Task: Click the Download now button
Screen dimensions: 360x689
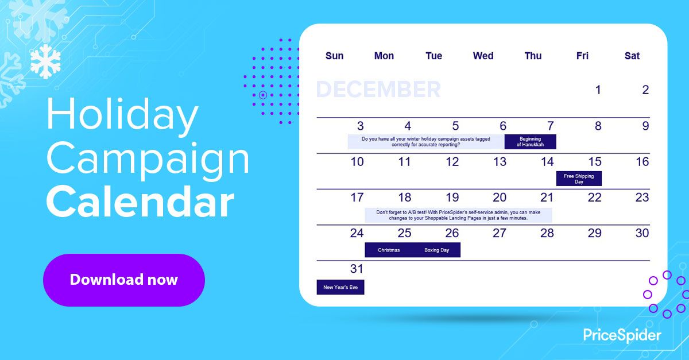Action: [123, 280]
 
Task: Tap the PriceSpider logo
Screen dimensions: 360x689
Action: [622, 335]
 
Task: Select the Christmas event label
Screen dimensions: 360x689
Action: [389, 250]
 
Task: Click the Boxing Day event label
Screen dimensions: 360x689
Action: [436, 250]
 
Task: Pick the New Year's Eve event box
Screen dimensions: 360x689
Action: [340, 287]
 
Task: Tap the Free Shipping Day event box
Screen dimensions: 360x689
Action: [579, 179]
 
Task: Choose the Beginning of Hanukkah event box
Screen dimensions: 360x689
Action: [530, 142]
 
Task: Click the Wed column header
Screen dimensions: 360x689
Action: [483, 56]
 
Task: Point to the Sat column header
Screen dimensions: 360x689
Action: [632, 56]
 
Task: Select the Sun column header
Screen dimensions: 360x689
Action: [334, 56]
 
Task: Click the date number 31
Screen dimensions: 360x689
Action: [357, 269]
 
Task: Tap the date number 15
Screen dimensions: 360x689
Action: [595, 162]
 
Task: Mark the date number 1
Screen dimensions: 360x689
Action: [598, 90]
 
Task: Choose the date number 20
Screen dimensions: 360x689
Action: [500, 198]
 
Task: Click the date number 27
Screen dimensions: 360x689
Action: [500, 233]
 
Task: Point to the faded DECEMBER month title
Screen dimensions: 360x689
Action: [378, 90]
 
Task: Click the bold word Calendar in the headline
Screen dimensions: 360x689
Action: [140, 202]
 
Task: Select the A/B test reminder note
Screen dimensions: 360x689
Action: [458, 215]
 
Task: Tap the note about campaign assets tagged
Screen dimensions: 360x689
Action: [425, 142]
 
